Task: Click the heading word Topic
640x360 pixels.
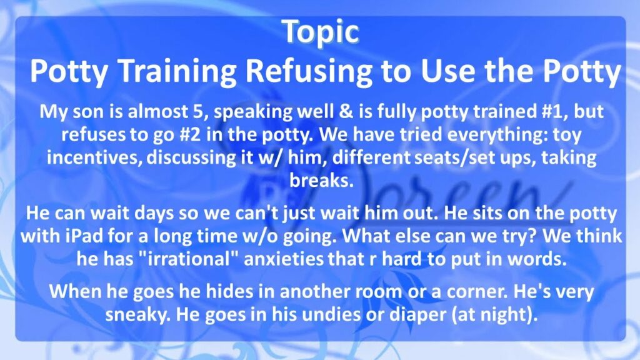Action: point(321,32)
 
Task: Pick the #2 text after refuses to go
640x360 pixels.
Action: point(190,134)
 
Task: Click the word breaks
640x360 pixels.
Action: point(321,180)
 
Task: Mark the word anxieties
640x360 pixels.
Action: point(284,259)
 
